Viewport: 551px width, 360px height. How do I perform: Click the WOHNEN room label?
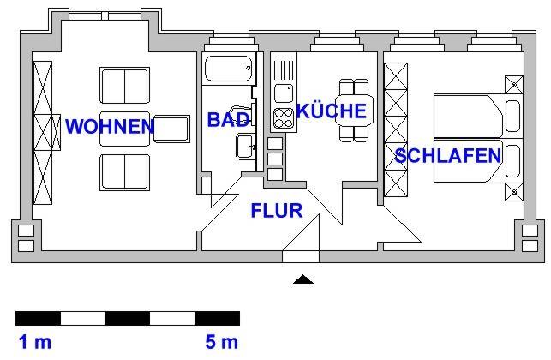point(110,127)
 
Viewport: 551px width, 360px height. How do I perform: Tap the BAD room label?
point(228,120)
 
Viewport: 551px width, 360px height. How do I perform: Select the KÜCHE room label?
point(332,111)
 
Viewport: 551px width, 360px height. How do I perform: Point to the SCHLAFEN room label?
point(448,156)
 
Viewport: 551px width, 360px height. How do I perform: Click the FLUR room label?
point(277,210)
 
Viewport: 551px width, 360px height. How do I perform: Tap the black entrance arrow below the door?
point(302,279)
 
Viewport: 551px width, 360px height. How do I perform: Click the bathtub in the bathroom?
point(229,67)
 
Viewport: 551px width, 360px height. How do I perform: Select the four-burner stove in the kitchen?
point(283,118)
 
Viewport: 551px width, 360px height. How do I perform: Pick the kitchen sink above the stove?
point(283,91)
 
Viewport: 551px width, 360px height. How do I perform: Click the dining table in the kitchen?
point(353,110)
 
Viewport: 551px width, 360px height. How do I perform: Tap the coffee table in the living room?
point(125,128)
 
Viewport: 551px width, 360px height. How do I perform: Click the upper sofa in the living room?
point(126,85)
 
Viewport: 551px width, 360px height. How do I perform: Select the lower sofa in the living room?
point(126,171)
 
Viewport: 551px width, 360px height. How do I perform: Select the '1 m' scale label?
point(35,343)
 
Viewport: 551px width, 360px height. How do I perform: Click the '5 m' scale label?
point(221,343)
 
